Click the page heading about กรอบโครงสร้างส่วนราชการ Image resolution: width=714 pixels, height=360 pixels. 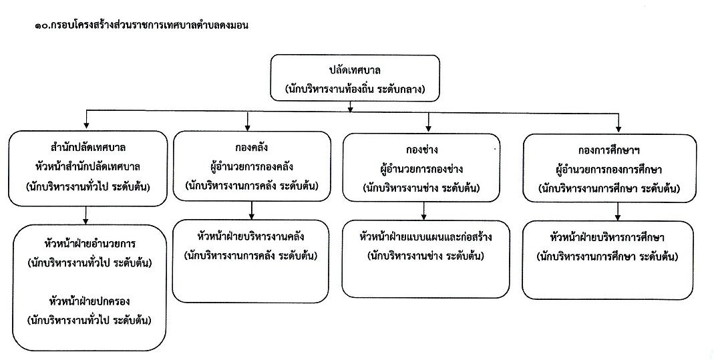coord(141,25)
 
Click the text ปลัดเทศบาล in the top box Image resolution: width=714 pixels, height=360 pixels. coord(355,70)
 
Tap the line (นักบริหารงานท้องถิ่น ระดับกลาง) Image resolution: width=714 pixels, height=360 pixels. coord(355,89)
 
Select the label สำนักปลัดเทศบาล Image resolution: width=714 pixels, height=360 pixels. coord(88,148)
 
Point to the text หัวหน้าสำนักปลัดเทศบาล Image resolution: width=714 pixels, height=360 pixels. coord(88,166)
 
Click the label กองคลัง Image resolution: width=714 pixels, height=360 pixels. coord(251,148)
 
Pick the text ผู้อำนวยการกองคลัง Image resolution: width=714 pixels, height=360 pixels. coord(251,166)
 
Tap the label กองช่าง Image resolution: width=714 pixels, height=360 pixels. coord(421,150)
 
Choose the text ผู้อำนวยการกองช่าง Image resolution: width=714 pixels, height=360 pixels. coord(421,169)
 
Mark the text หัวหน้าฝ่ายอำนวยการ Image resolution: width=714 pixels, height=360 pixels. coord(90,244)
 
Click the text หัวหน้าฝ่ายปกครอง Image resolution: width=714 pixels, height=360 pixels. coord(90,301)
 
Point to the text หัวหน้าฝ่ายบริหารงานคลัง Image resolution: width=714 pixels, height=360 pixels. coord(251,236)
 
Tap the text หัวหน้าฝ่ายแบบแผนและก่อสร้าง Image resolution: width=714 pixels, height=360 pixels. coord(425,237)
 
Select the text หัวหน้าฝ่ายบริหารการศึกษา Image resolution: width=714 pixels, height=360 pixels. coord(607,238)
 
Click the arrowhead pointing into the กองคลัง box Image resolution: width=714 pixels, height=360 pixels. coord(247,128)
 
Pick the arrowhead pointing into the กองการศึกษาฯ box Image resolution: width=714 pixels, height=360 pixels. coord(618,130)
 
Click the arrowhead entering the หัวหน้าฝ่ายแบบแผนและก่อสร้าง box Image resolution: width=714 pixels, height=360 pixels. coord(424,217)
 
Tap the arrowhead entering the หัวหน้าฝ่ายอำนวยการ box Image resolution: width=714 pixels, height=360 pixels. coord(85,222)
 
